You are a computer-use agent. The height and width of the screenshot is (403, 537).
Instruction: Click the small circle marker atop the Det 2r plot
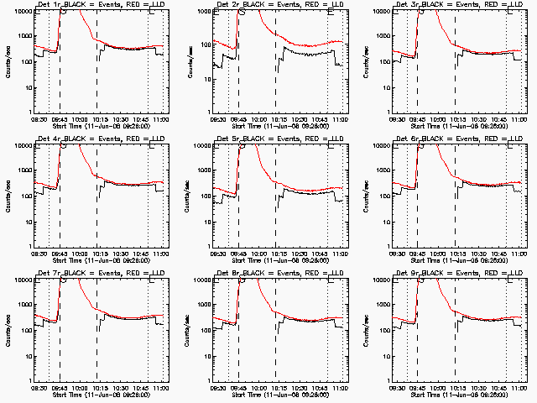pyautogui.click(x=242, y=12)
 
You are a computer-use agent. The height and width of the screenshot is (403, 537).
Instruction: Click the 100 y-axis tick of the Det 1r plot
pyautogui.click(x=24, y=61)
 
